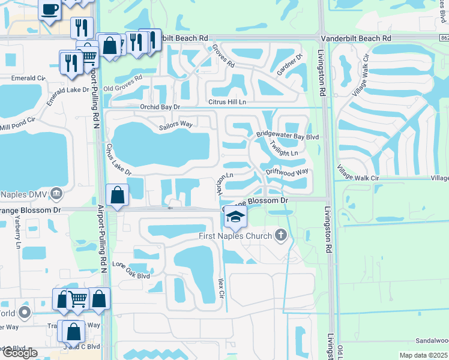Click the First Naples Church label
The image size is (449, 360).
(236, 236)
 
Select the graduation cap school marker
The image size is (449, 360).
(236, 217)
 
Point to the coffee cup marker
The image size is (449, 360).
(49, 9)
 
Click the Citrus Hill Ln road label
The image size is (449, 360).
(226, 102)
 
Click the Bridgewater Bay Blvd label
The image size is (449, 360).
(288, 136)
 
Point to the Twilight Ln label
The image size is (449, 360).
(283, 149)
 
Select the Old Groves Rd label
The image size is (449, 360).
(123, 84)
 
